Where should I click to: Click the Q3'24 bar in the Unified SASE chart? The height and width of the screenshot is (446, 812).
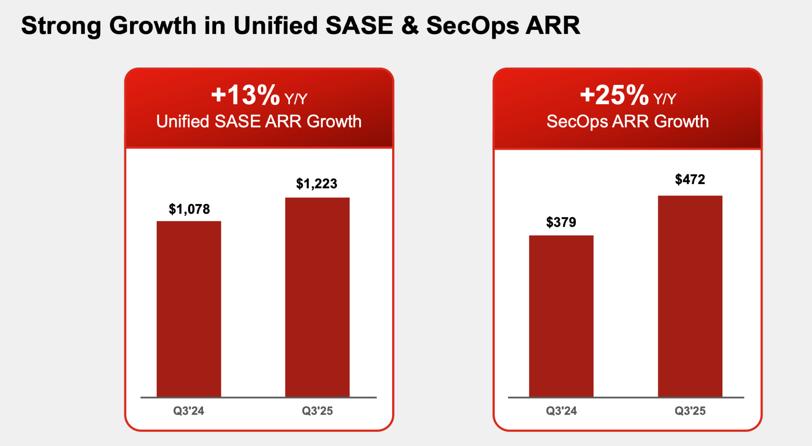(x=189, y=309)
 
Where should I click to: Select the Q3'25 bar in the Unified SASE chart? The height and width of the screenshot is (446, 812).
(x=317, y=297)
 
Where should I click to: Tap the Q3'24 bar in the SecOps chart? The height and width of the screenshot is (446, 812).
(x=561, y=316)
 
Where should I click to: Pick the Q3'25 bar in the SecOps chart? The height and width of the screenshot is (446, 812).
(x=690, y=296)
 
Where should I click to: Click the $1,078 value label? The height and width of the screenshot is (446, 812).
(x=189, y=209)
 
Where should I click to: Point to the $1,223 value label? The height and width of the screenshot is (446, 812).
(x=316, y=184)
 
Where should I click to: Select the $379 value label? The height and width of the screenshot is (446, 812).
(x=561, y=222)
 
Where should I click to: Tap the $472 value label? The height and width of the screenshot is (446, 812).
(x=690, y=179)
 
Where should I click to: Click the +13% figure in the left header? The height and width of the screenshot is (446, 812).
(x=245, y=95)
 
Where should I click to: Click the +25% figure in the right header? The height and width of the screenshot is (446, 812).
(x=614, y=95)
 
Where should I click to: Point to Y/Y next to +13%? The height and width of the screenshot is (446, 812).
(x=296, y=99)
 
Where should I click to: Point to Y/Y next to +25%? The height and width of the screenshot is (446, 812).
(x=665, y=99)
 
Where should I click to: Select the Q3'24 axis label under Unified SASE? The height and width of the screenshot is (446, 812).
(x=189, y=411)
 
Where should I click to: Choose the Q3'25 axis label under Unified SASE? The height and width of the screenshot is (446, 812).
(x=317, y=411)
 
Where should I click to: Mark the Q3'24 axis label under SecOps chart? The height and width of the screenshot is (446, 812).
(x=561, y=411)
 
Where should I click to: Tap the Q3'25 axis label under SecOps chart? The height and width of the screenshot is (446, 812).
(x=690, y=411)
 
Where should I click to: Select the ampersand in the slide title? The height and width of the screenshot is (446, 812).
(x=410, y=25)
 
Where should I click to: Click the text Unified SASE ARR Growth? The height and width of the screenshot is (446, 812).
(x=259, y=121)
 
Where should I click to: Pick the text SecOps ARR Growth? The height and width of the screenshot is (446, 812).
(x=628, y=121)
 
